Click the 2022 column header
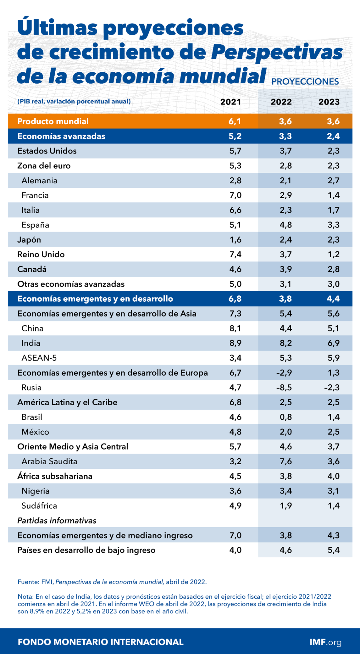tap(281, 102)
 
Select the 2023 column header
tap(329, 102)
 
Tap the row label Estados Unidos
tap(47, 151)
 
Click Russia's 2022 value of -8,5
tap(284, 388)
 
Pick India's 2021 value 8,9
tap(235, 343)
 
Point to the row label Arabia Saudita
tap(49, 461)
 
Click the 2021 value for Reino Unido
tap(235, 254)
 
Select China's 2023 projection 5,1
tap(333, 328)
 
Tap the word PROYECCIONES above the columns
tap(305, 82)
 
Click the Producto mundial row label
tap(53, 121)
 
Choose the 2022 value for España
tap(285, 225)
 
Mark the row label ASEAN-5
tap(39, 358)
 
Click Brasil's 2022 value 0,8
tap(285, 417)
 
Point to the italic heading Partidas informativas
tap(57, 521)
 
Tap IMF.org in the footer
tap(325, 642)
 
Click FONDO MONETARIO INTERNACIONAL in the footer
tap(101, 642)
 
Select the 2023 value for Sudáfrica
tap(333, 506)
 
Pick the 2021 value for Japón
tap(235, 240)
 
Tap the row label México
tap(35, 432)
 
